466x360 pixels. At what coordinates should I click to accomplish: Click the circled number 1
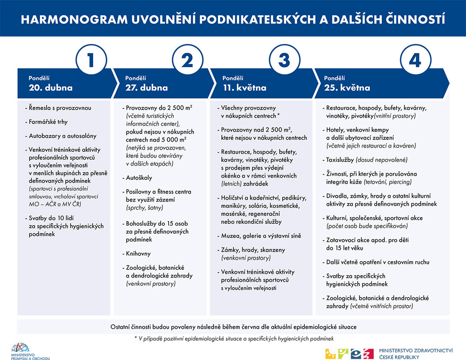pyautogui.click(x=91, y=60)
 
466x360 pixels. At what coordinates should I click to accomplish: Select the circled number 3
pyautogui.click(x=284, y=60)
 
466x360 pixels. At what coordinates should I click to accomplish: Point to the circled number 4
pyautogui.click(x=415, y=60)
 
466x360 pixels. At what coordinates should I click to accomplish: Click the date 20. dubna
pyautogui.click(x=51, y=87)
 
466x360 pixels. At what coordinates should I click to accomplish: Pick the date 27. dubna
pyautogui.click(x=146, y=87)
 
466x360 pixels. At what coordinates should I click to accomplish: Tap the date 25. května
pyautogui.click(x=347, y=87)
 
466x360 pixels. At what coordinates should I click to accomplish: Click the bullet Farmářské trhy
pyautogui.click(x=48, y=122)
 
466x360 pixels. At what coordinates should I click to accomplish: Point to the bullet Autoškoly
pyautogui.click(x=138, y=178)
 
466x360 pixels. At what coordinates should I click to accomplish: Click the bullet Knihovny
pyautogui.click(x=138, y=253)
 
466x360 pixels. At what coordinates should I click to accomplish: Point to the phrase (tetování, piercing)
pyautogui.click(x=388, y=182)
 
